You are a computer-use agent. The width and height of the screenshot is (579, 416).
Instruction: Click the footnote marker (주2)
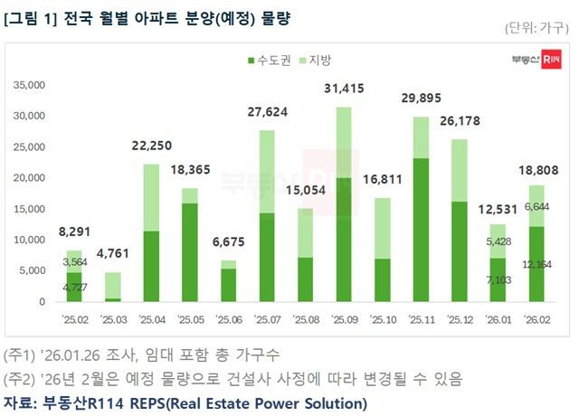[x=21, y=376]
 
